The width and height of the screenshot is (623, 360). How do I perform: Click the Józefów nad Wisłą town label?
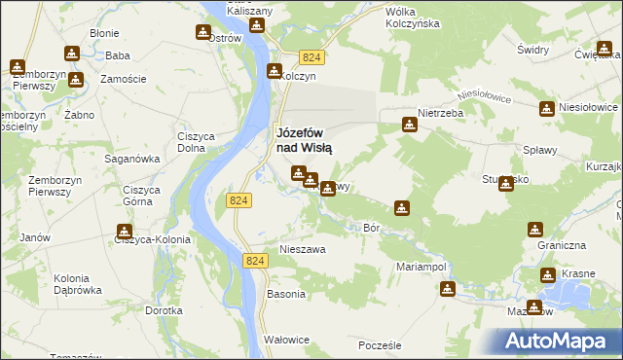coord(305,140)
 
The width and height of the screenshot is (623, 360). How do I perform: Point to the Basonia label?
coord(287,294)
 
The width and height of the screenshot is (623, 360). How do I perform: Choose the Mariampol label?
coord(421,266)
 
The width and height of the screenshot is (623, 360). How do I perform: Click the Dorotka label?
coord(164,311)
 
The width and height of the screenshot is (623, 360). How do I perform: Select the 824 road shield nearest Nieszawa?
coord(254,261)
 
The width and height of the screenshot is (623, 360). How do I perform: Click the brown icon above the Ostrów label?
coord(202,32)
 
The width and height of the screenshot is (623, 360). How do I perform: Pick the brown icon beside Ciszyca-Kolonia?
coord(125,232)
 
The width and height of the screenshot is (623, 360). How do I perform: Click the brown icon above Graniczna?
coord(534,230)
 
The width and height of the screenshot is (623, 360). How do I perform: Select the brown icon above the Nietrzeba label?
coord(409,124)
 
